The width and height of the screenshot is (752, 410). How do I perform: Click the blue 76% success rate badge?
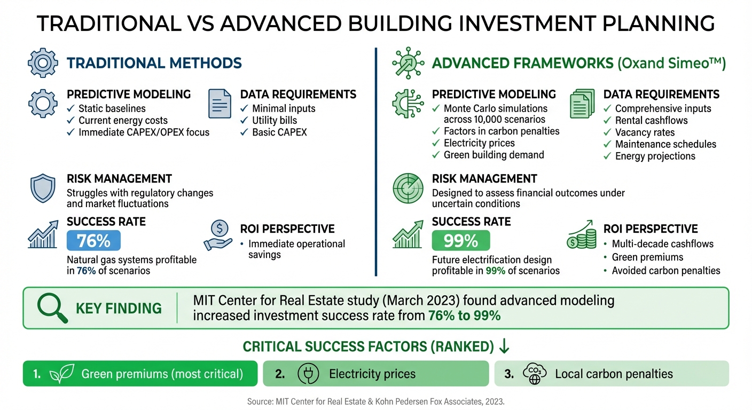[93, 241]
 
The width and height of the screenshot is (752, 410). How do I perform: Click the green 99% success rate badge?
[460, 241]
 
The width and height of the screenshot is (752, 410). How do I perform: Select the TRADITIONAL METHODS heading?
[154, 63]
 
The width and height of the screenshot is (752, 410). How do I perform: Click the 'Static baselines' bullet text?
[112, 108]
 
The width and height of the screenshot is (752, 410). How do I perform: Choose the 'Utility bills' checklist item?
[274, 120]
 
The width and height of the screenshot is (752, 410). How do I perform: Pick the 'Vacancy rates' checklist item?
[645, 132]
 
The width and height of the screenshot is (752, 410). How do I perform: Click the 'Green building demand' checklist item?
[493, 155]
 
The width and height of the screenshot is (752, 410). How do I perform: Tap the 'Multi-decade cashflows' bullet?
[662, 244]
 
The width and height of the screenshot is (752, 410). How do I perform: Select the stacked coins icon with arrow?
[581, 235]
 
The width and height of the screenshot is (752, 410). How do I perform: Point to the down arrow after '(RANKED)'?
[504, 346]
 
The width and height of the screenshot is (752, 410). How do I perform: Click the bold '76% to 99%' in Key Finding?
[464, 316]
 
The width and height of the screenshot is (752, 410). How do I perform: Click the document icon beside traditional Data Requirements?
[220, 104]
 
